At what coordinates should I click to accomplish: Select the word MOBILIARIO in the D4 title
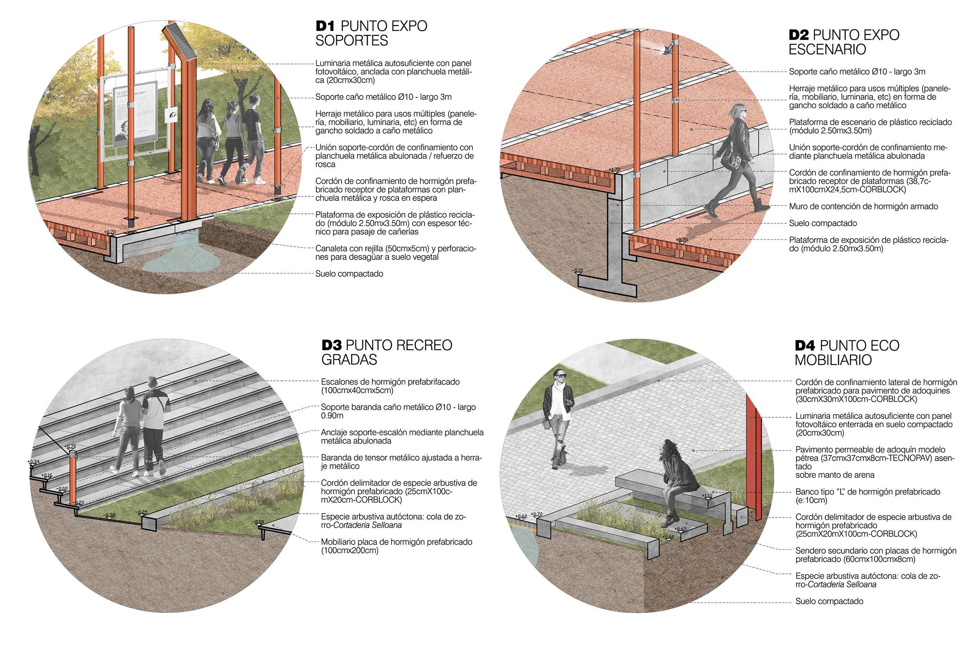833,360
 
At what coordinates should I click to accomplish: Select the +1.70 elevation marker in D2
614,170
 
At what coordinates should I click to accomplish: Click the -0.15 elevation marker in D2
578,271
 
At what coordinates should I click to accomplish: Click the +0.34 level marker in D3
34,461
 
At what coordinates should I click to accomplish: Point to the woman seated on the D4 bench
676,478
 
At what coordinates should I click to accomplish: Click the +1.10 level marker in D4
707,496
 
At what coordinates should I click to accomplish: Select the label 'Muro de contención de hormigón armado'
863,206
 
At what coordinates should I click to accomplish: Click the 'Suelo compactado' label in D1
349,274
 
